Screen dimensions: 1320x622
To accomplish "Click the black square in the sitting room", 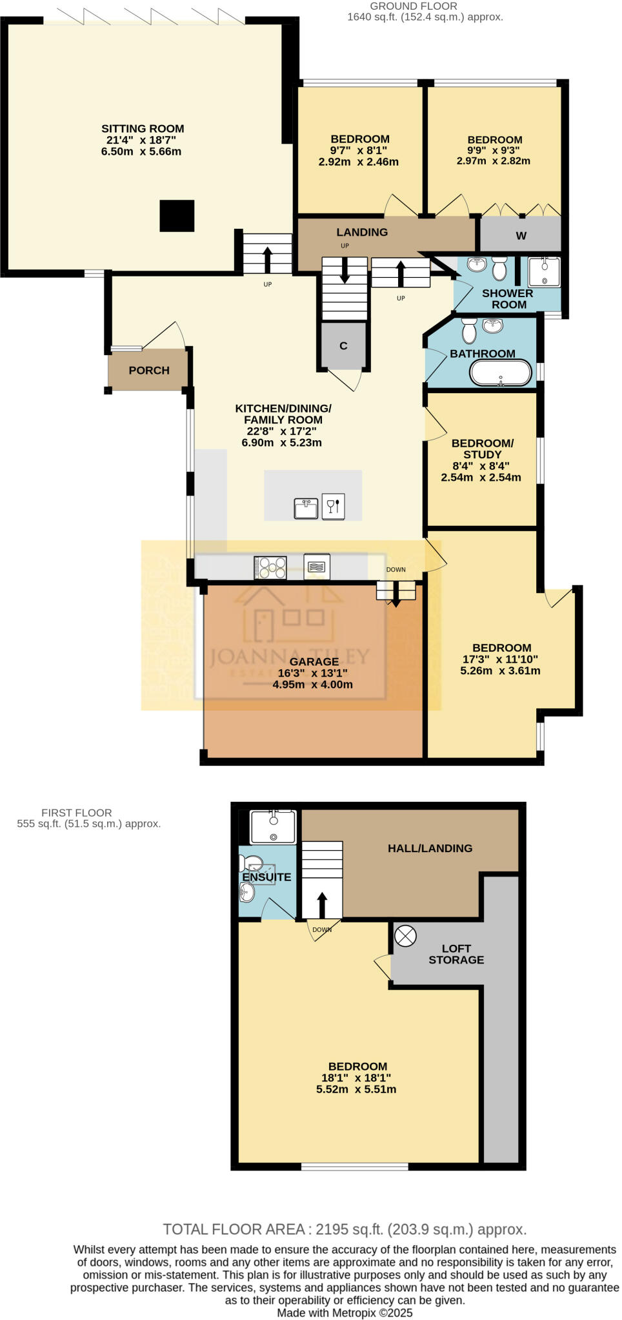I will click(177, 216).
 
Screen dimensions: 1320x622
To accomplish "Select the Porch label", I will click(149, 371).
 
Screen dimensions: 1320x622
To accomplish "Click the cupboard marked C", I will click(343, 346).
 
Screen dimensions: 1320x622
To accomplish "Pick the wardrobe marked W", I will click(521, 236).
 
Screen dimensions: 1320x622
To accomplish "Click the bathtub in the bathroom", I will click(501, 373).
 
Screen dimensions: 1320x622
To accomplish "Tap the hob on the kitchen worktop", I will click(270, 567).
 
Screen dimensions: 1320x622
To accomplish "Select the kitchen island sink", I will click(306, 508).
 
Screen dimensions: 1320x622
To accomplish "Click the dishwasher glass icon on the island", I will click(334, 507).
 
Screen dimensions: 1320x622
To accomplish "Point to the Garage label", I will click(314, 662).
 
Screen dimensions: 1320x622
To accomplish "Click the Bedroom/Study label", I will click(482, 449).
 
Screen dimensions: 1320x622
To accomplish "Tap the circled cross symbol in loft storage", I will click(405, 936).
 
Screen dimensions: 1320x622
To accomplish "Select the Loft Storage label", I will click(456, 955).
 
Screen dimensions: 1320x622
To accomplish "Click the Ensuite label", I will click(266, 877).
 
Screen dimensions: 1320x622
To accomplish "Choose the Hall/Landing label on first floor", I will click(430, 849).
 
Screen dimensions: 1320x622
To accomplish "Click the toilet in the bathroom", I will click(469, 330).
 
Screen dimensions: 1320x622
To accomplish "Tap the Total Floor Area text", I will click(345, 1229).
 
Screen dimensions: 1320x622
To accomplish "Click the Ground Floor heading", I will click(413, 6).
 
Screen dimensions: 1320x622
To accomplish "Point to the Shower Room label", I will click(508, 299).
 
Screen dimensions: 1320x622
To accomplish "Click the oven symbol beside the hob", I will click(317, 567).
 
